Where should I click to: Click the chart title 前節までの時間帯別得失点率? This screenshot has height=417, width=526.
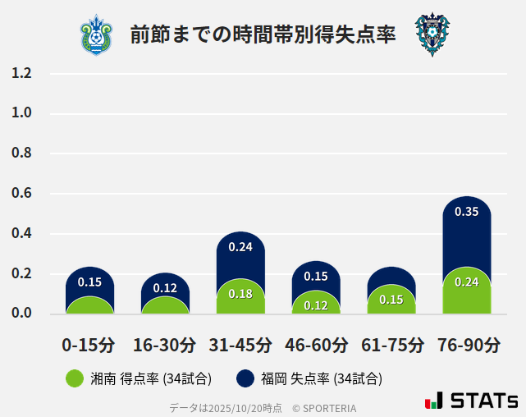point(263,34)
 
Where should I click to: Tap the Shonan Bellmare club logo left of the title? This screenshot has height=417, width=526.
point(97,34)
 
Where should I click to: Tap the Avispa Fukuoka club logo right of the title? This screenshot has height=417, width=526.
point(432,34)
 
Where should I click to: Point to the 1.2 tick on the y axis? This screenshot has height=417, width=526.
point(21,73)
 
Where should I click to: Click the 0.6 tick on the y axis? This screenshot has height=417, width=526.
point(21,194)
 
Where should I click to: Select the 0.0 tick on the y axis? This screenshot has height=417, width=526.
point(21,313)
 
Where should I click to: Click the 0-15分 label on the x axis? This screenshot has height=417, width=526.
point(89,344)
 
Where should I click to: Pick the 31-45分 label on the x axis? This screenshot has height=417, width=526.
point(240,344)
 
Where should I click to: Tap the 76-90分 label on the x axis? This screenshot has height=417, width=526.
point(467,344)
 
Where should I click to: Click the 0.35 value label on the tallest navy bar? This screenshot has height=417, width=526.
point(467,212)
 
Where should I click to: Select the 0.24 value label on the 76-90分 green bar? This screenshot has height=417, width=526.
point(467,282)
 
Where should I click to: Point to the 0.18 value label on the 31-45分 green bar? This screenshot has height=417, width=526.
point(240,294)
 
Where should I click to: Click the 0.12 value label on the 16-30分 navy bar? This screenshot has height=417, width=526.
point(165,288)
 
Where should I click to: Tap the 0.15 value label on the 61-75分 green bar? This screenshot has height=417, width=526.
point(391,300)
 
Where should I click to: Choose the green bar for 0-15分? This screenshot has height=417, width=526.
point(89,305)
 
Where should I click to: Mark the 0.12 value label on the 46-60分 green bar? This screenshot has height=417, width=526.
point(316,305)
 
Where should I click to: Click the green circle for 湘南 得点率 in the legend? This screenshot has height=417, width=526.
point(75,378)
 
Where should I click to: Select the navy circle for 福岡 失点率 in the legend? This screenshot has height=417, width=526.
point(245,378)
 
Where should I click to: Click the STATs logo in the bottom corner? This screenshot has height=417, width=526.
point(471,401)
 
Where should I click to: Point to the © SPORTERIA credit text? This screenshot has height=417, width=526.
point(324,407)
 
